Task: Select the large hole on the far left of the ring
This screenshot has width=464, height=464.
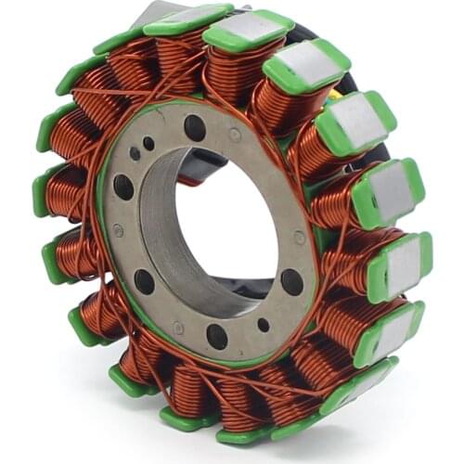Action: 123,186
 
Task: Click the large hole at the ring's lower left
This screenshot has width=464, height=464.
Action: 144,280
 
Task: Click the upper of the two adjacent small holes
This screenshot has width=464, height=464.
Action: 148,143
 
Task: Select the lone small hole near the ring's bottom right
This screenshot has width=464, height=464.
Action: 264,325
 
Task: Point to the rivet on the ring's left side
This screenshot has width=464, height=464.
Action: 118,230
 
